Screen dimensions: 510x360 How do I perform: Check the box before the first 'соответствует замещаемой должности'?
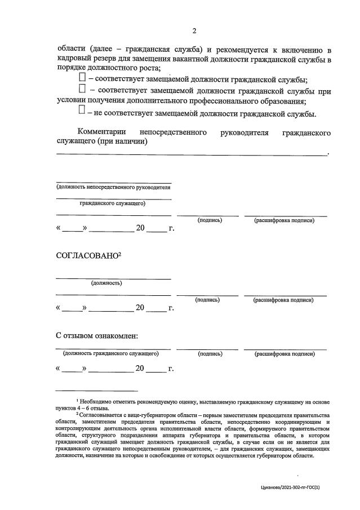pyautogui.click(x=83, y=76)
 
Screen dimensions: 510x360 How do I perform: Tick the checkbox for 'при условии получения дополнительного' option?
pyautogui.click(x=83, y=88)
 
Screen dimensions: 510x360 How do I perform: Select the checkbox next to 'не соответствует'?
pyautogui.click(x=83, y=110)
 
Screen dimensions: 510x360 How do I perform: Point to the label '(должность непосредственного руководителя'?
pyautogui.click(x=113, y=187)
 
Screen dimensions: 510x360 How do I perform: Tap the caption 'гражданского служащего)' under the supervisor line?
pyautogui.click(x=113, y=203)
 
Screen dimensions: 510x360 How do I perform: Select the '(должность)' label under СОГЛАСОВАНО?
pyautogui.click(x=106, y=283)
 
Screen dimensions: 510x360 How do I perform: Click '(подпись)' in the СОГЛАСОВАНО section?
pyautogui.click(x=207, y=300)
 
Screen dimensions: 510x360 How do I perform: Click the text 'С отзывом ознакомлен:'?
pyautogui.click(x=97, y=336)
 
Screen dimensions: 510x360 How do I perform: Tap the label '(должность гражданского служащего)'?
pyautogui.click(x=111, y=354)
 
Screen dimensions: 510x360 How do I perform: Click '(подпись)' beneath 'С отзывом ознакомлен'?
pyautogui.click(x=210, y=354)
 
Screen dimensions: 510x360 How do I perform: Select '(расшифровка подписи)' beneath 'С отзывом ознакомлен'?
pyautogui.click(x=285, y=354)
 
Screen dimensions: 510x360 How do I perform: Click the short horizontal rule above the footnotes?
pyautogui.click(x=96, y=391)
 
